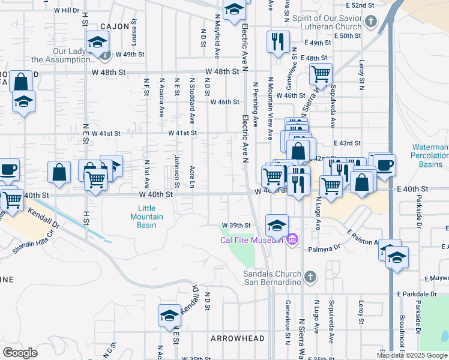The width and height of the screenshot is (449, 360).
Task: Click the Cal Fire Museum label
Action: [251, 241]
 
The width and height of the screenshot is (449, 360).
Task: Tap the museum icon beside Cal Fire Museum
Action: [292, 241]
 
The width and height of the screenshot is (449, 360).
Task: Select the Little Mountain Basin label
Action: [143, 217]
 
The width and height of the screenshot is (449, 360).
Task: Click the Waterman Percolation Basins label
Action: [430, 155]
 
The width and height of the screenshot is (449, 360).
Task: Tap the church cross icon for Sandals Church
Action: [310, 277]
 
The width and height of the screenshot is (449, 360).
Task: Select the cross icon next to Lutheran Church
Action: [371, 23]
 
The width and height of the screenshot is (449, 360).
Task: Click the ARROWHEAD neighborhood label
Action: [238, 338]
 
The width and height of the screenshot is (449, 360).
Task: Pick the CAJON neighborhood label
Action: [115, 26]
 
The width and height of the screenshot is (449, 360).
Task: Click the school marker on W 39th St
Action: [276, 225]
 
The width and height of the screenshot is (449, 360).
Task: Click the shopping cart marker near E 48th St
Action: [321, 74]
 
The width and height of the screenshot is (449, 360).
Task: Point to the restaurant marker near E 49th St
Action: [277, 41]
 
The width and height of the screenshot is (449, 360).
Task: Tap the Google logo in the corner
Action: [20, 353]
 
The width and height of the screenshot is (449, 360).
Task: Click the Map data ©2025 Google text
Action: [411, 355]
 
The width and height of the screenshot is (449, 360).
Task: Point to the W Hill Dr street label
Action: [66, 10]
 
